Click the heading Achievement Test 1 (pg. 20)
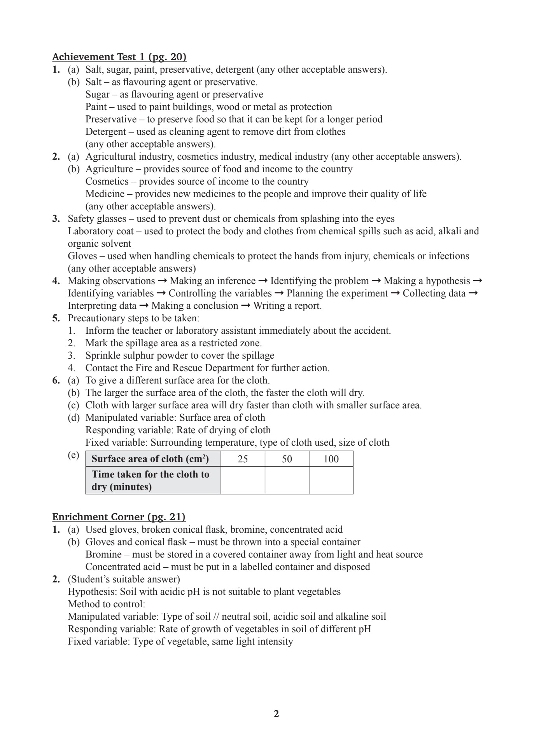[x=119, y=57]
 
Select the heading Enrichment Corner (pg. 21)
[x=119, y=517]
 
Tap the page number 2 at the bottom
[x=276, y=714]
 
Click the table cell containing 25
[x=243, y=459]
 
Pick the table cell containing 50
[x=287, y=459]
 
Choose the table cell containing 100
[x=331, y=459]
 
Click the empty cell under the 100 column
[x=331, y=480]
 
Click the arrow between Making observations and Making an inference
[x=163, y=281]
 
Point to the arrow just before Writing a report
[x=246, y=306]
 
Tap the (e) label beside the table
[x=73, y=455]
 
